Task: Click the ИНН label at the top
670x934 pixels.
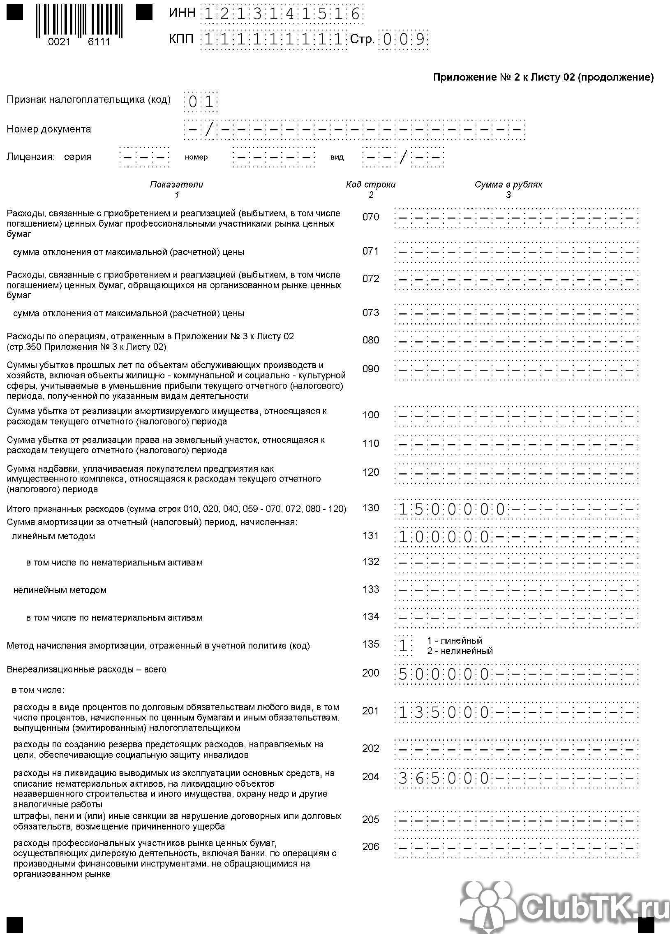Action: pyautogui.click(x=182, y=13)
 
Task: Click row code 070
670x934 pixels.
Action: pyautogui.click(x=370, y=217)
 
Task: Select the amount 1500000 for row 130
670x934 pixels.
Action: pyautogui.click(x=451, y=510)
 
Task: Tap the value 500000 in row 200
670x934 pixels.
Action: pyautogui.click(x=444, y=674)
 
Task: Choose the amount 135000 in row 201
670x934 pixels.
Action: pyautogui.click(x=444, y=712)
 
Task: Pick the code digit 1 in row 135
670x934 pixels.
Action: pyautogui.click(x=403, y=646)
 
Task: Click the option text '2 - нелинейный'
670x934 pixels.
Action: pyautogui.click(x=460, y=651)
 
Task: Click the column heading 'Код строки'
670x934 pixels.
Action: pyautogui.click(x=370, y=185)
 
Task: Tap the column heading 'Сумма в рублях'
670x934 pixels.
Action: pyautogui.click(x=508, y=185)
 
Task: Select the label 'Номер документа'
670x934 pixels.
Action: pyautogui.click(x=49, y=129)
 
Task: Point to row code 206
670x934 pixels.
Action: pyautogui.click(x=370, y=847)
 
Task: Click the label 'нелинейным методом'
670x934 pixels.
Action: pyautogui.click(x=60, y=590)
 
